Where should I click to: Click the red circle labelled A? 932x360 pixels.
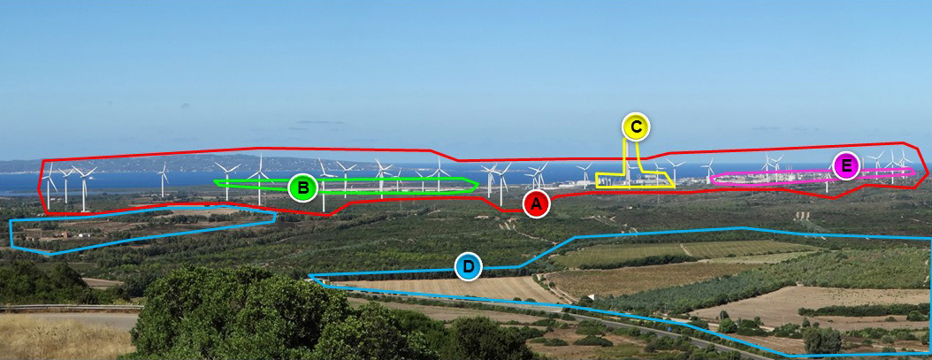tap(536, 204)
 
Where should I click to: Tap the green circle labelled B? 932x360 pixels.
tap(302, 188)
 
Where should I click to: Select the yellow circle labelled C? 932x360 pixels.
tap(636, 127)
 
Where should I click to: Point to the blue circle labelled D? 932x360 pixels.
tap(469, 266)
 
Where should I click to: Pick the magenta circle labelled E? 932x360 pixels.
tap(846, 165)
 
